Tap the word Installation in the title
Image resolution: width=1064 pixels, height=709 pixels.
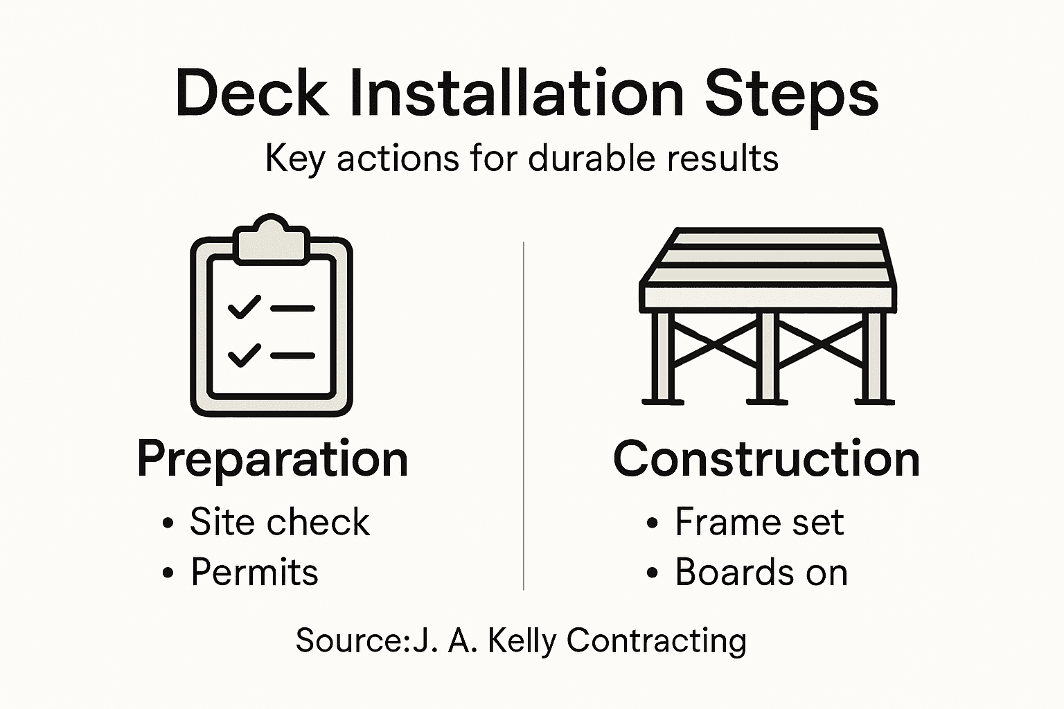pyautogui.click(x=517, y=93)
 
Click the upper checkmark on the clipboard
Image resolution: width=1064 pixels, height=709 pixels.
pyautogui.click(x=244, y=307)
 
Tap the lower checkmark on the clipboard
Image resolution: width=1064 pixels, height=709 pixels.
pyautogui.click(x=244, y=354)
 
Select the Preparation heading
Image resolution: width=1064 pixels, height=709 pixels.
pyautogui.click(x=272, y=460)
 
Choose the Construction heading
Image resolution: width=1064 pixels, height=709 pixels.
pyautogui.click(x=766, y=459)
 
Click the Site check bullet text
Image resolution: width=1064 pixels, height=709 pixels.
pyautogui.click(x=280, y=522)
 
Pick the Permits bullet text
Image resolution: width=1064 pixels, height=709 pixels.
pyautogui.click(x=254, y=573)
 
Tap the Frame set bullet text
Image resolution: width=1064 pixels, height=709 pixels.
pyautogui.click(x=759, y=522)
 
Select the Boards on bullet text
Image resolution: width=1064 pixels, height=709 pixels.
pyautogui.click(x=761, y=573)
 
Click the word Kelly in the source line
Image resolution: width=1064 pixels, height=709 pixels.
pyautogui.click(x=522, y=641)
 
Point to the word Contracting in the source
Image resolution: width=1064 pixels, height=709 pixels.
pyautogui.click(x=656, y=641)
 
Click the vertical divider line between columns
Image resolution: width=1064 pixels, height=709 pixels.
pyautogui.click(x=524, y=415)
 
